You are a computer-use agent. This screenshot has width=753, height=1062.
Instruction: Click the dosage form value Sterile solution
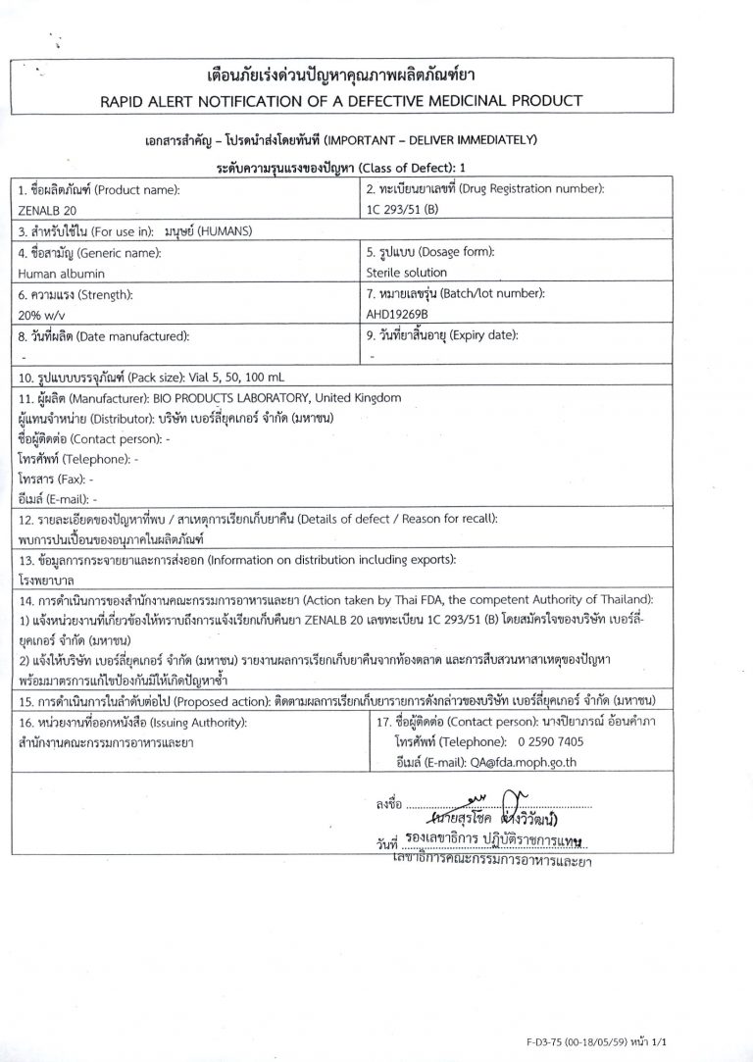click(x=406, y=272)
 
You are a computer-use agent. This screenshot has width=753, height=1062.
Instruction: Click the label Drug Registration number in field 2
click(x=541, y=187)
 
